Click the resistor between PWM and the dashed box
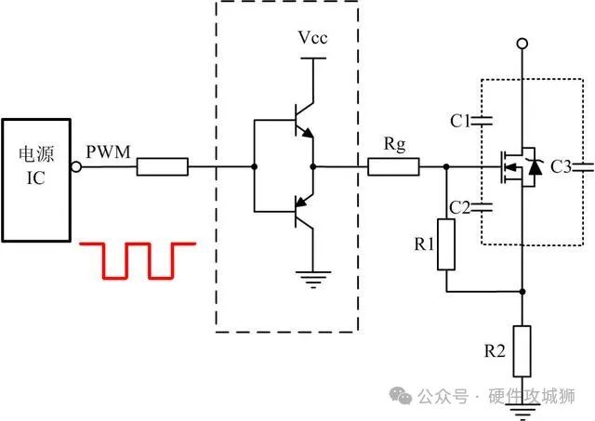pos(163,168)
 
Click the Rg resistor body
pos(393,168)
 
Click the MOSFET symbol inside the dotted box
pos(517,168)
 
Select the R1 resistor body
pos(447,244)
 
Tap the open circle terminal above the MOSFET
pos(523,44)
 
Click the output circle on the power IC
pos(77,168)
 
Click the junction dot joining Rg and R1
pos(447,168)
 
